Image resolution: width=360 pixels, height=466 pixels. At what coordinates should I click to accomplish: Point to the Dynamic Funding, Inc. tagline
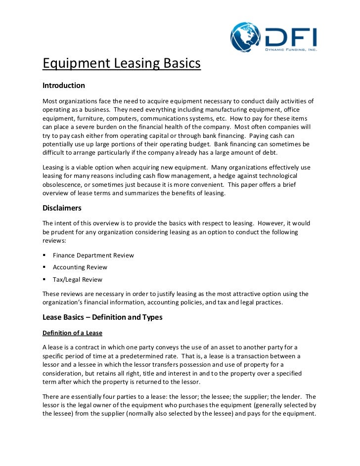pyautogui.click(x=290, y=49)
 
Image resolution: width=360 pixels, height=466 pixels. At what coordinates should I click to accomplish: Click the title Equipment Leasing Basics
pyautogui.click(x=122, y=64)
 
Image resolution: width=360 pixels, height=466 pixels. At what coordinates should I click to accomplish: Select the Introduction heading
pyautogui.click(x=64, y=85)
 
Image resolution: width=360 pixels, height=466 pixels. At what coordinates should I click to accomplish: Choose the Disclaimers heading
pyautogui.click(x=62, y=208)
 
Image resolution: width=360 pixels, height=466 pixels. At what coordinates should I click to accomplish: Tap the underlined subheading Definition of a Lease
pyautogui.click(x=72, y=333)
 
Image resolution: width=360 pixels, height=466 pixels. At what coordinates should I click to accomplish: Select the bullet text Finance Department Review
pyautogui.click(x=93, y=255)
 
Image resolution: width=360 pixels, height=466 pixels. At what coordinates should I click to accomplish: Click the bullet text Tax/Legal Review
pyautogui.click(x=78, y=279)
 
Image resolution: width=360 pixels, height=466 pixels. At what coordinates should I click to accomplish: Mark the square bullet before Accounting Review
pyautogui.click(x=45, y=267)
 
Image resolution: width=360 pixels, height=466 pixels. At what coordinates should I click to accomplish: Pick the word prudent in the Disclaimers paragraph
pyautogui.click(x=65, y=232)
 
